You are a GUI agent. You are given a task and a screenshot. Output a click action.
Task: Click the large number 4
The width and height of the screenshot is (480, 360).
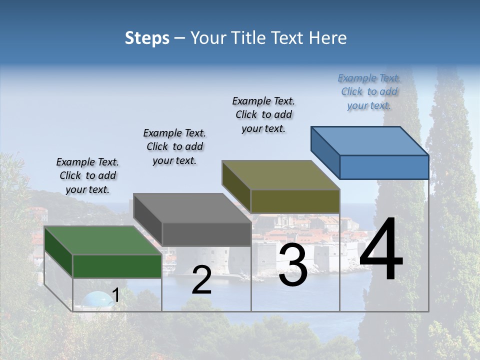pos(381,250)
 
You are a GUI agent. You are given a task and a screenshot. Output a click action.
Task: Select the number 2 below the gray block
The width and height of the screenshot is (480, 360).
pos(201,280)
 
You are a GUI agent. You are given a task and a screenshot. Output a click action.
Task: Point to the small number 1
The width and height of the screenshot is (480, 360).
pos(115,295)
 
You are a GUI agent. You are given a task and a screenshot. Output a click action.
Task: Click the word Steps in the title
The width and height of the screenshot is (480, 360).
pos(147,38)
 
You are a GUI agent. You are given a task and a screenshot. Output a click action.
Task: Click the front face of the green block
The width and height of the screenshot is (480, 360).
pos(117,266)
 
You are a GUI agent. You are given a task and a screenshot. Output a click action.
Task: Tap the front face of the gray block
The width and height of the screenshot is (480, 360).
pos(206,234)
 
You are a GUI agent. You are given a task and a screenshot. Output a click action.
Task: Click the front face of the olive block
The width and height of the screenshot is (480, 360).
pos(295,201)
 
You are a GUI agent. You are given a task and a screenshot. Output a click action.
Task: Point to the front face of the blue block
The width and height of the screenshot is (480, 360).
pos(384,167)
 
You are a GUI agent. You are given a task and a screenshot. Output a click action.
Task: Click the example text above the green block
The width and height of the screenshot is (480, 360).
pos(87,175)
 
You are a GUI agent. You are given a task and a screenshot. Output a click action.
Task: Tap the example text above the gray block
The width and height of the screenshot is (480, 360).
pos(174,146)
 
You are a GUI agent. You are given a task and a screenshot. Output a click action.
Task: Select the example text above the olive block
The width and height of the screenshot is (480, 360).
pos(263,114)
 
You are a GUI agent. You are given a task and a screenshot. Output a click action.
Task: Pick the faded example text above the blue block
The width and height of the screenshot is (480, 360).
pos(369,91)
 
